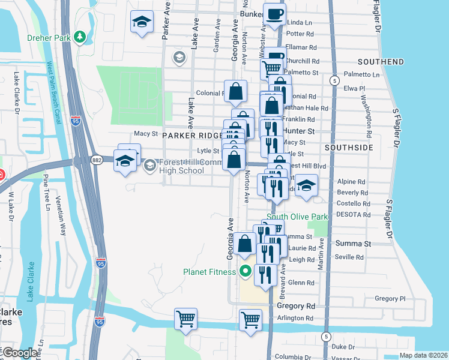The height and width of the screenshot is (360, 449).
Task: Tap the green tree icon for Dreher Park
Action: click(80, 37)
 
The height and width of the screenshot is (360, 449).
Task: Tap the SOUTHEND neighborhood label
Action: click(381, 62)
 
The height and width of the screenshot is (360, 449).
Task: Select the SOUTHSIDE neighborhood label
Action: click(349, 147)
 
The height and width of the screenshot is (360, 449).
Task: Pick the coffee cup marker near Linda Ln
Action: click(275, 14)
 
